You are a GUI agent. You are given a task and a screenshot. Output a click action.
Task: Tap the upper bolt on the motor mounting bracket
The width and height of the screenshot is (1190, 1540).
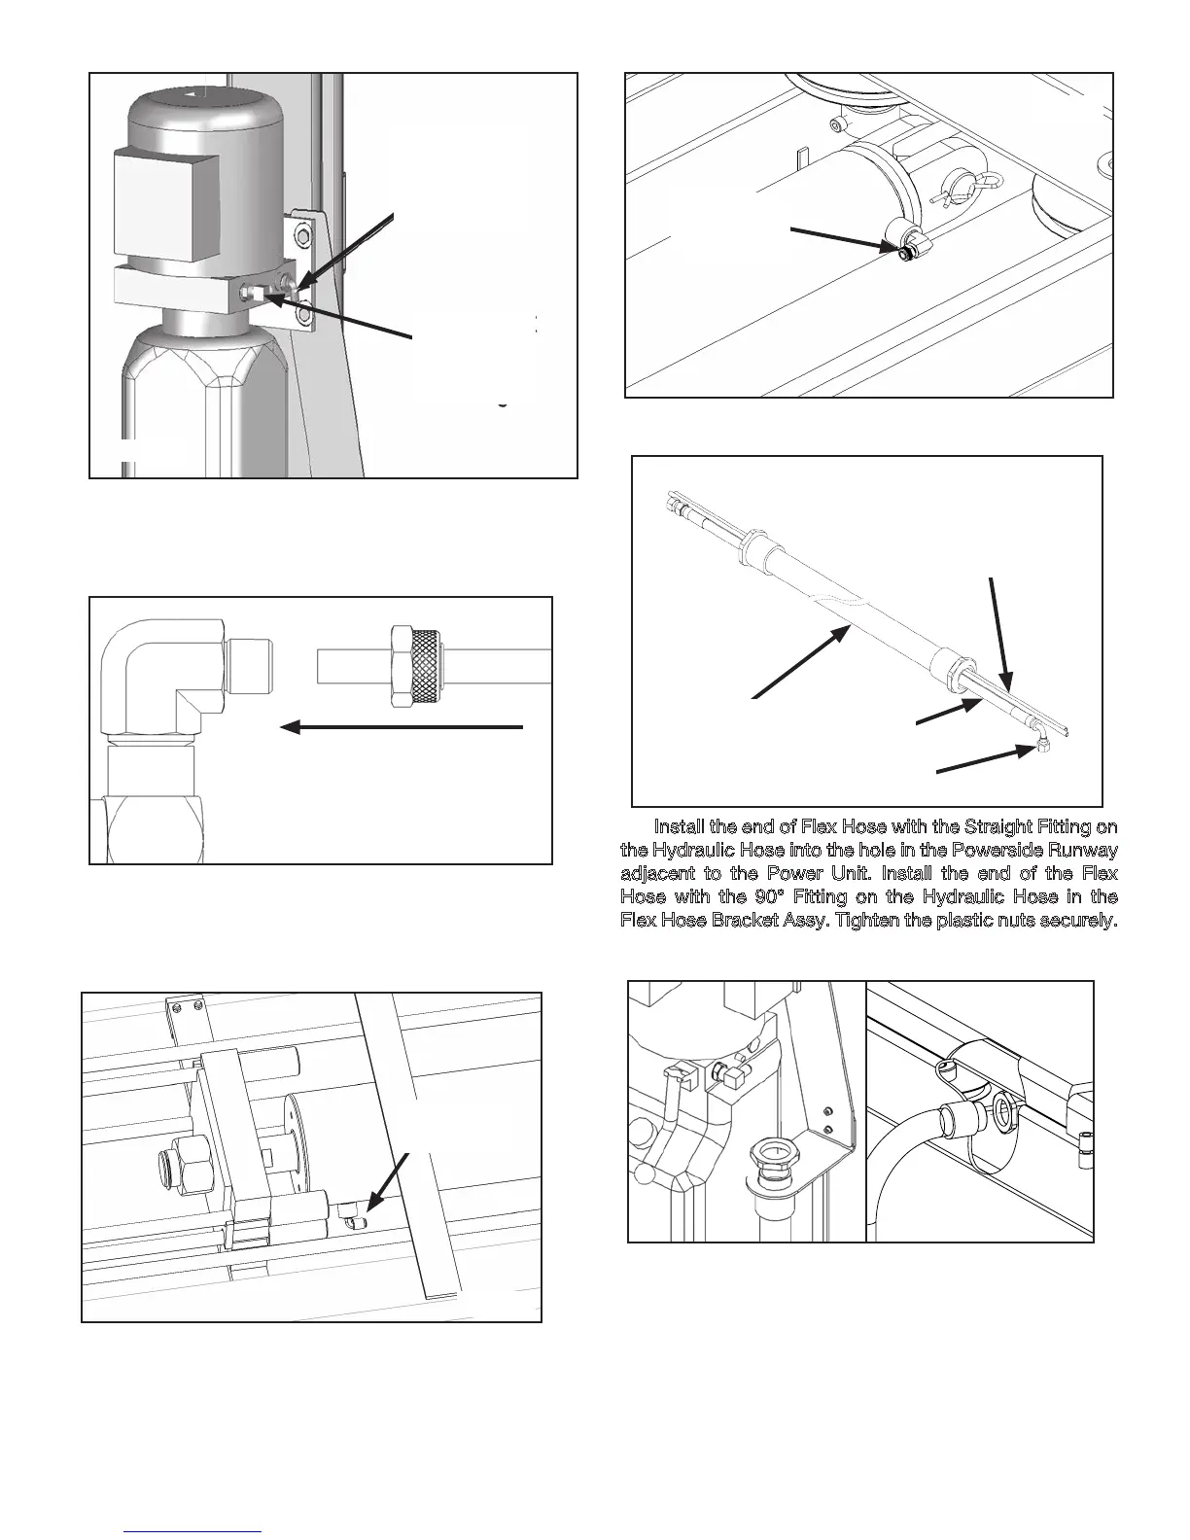point(306,236)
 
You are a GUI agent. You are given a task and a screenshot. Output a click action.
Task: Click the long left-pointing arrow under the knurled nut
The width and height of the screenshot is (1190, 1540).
point(402,726)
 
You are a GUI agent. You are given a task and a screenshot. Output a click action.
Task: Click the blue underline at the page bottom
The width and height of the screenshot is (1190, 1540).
point(193,1531)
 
